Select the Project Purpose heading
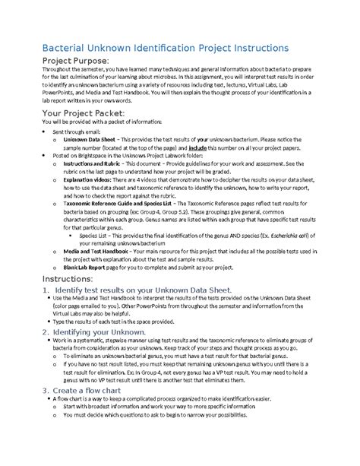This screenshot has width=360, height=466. [x=75, y=61]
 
